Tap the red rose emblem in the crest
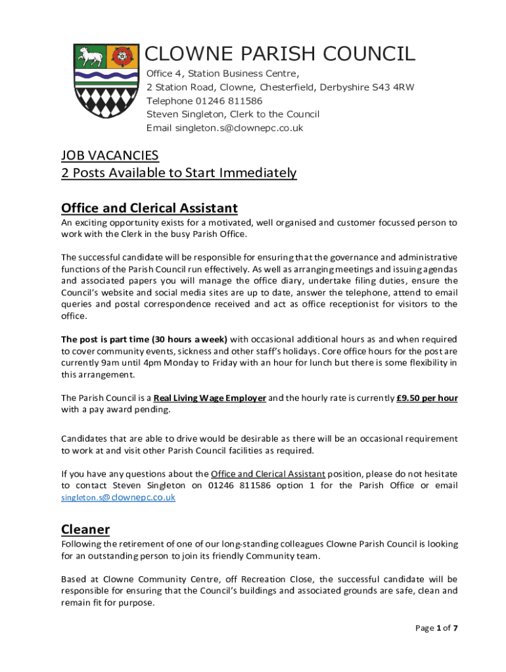click(x=118, y=56)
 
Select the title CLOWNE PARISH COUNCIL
click(x=280, y=54)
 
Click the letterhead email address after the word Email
click(x=239, y=128)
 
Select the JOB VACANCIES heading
click(x=110, y=156)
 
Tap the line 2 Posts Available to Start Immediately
click(x=179, y=173)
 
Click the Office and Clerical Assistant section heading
click(x=149, y=208)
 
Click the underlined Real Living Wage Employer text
click(x=210, y=398)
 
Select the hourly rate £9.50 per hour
click(x=427, y=398)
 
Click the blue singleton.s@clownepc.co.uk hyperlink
click(x=118, y=497)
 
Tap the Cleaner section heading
click(x=85, y=529)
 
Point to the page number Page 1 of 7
click(x=436, y=628)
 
